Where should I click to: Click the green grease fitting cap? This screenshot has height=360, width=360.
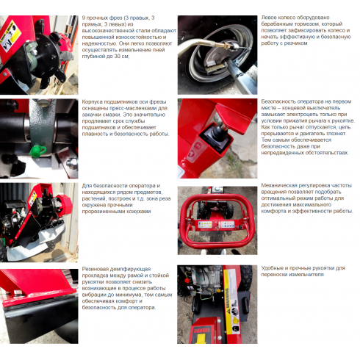[x=37, y=150]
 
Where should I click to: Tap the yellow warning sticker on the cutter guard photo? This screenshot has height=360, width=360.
[x=32, y=198]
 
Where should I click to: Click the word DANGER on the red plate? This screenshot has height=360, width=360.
[x=202, y=331]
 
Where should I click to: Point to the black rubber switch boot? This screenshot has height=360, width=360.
[x=217, y=132]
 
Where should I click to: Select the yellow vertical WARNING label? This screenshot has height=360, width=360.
[x=231, y=301]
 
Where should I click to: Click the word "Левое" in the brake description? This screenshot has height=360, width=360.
[x=268, y=18]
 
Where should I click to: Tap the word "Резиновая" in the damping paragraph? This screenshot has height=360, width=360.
[x=96, y=269]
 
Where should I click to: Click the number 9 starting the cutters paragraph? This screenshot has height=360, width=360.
[x=84, y=18]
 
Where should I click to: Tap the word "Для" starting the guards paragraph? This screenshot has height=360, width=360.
[x=87, y=186]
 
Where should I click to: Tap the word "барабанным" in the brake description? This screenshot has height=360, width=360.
[x=276, y=24]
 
